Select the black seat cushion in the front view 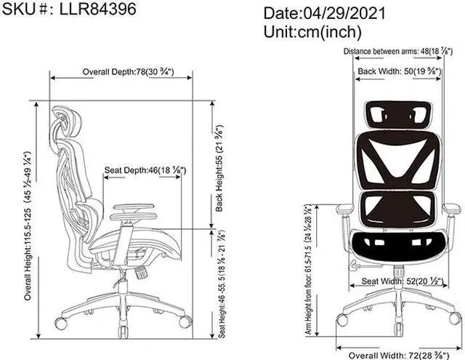[x=397, y=246]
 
